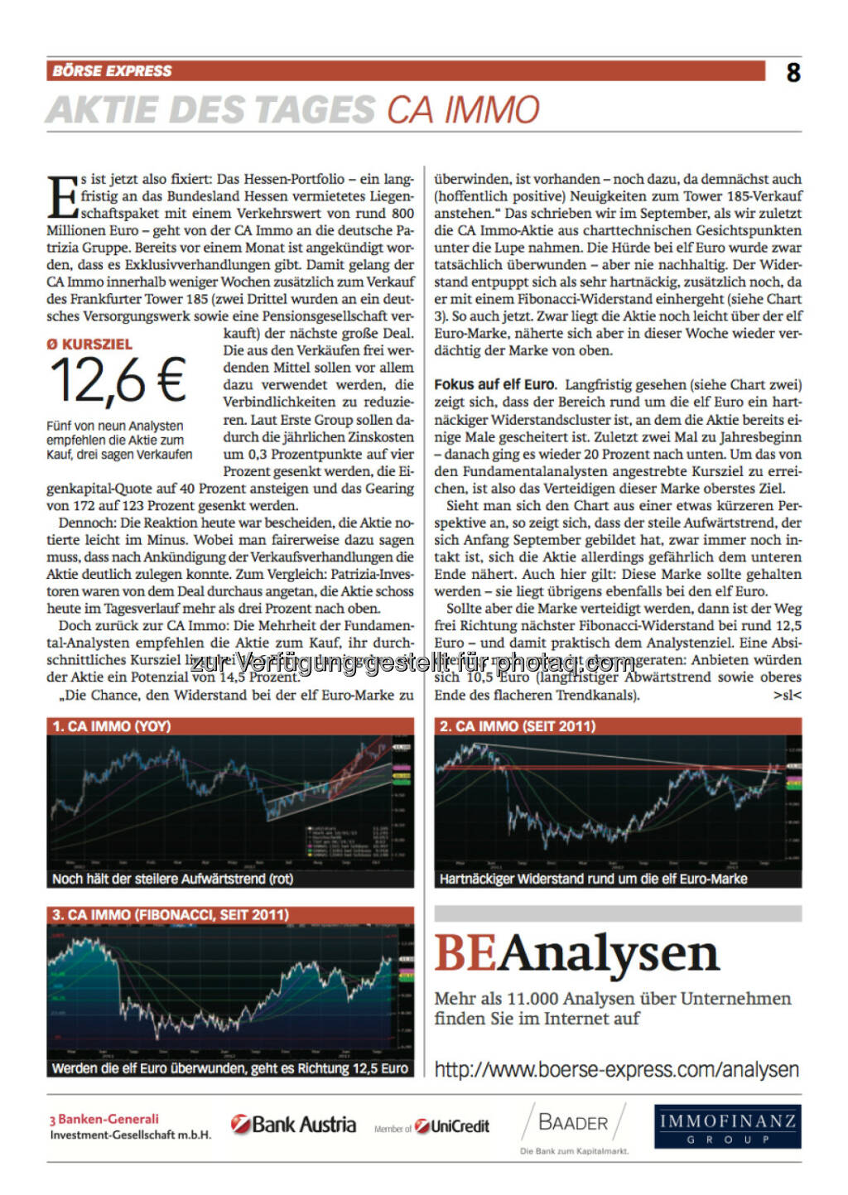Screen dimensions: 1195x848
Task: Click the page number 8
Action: [793, 73]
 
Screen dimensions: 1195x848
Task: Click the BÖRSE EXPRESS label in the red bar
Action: [112, 71]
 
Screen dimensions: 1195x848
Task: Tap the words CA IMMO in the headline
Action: [463, 110]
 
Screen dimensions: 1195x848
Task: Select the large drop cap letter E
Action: [62, 197]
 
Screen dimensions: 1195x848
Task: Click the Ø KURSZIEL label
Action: [89, 344]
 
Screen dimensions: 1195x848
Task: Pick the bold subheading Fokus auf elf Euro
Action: [494, 384]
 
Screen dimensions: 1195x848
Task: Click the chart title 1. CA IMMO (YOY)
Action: [112, 726]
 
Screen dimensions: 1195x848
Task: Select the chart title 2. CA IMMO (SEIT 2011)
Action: [518, 726]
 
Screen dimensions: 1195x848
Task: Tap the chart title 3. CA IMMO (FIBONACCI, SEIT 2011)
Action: [171, 915]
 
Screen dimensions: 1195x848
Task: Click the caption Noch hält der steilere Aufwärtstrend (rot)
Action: [172, 879]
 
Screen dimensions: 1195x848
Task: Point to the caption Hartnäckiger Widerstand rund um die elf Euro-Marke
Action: [593, 879]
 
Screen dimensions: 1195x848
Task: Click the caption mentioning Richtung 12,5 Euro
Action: [229, 1068]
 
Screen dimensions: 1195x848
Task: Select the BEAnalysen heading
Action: [576, 953]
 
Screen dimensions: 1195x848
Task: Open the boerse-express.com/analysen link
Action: [616, 1070]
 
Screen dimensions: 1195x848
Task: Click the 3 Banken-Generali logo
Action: [130, 1126]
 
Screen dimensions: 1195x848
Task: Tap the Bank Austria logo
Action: [294, 1125]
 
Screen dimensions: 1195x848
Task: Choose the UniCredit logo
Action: [452, 1126]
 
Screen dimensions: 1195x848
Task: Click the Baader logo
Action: [573, 1124]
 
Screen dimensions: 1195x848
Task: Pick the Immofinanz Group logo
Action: [727, 1126]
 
